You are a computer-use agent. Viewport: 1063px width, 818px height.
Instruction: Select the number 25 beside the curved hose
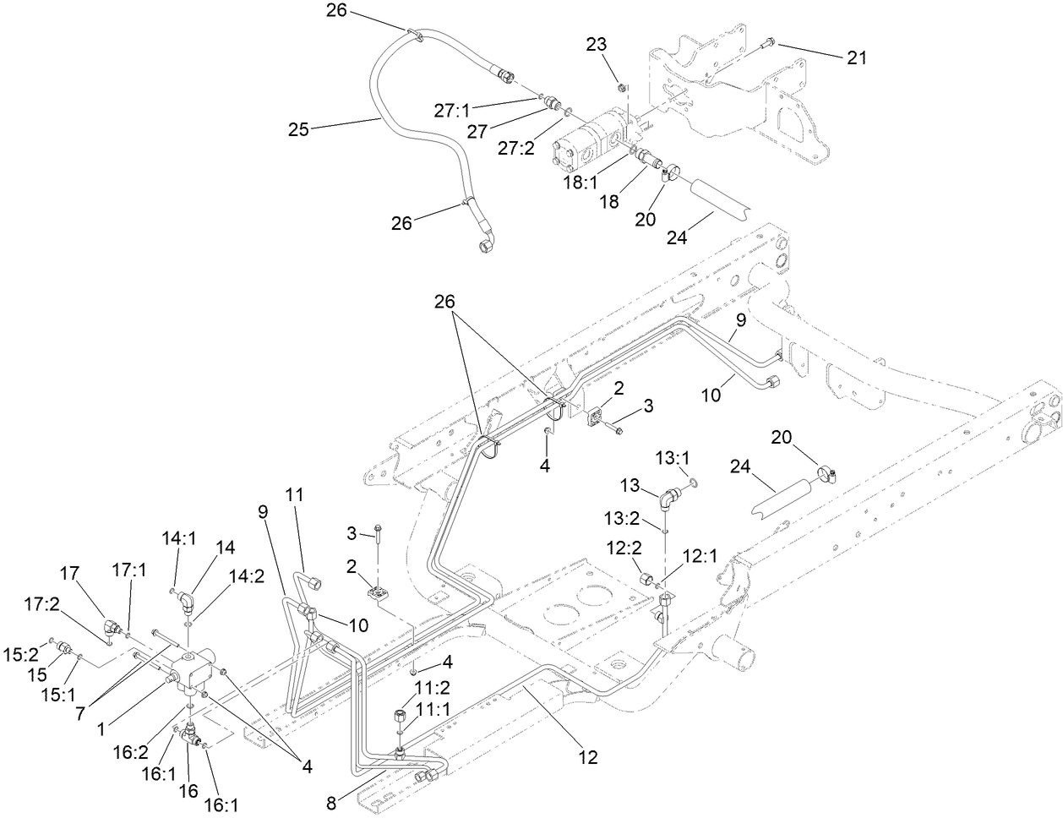click(x=298, y=129)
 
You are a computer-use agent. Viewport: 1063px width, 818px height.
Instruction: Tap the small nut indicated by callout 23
click(x=622, y=87)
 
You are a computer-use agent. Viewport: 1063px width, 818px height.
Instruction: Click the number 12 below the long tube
click(x=588, y=758)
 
